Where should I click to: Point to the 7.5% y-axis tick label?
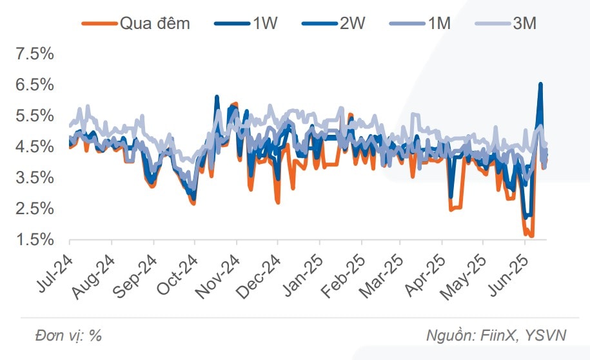pyautogui.click(x=34, y=54)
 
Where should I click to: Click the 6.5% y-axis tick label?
pyautogui.click(x=34, y=85)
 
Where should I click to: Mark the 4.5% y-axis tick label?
pyautogui.click(x=34, y=147)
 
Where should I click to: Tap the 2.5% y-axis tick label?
pyautogui.click(x=34, y=209)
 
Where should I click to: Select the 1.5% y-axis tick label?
pyautogui.click(x=34, y=240)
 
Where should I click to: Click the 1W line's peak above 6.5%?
pyautogui.click(x=540, y=84)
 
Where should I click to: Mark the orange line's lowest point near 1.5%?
pyautogui.click(x=531, y=237)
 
